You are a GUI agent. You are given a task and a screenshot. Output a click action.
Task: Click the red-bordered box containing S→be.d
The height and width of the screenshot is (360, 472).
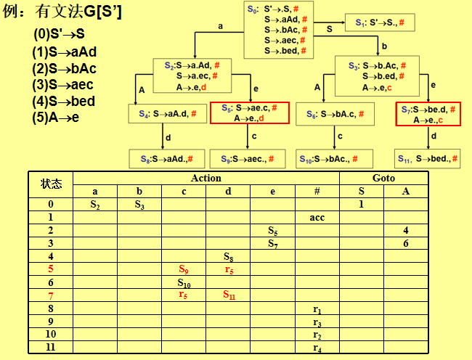coord(428,114)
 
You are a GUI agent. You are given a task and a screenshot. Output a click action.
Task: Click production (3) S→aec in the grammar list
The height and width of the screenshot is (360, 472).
coord(62,85)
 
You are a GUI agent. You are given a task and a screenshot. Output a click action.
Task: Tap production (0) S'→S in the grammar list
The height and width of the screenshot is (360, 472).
coord(59,35)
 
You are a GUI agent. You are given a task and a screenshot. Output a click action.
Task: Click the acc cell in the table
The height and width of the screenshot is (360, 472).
coord(317,217)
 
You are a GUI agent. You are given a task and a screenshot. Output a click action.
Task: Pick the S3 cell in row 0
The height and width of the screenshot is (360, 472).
coord(139,204)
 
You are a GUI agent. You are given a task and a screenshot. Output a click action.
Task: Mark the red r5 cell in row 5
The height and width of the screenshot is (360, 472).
coord(228,269)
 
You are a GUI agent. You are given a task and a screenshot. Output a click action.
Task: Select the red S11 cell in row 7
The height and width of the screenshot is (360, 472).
coord(228,295)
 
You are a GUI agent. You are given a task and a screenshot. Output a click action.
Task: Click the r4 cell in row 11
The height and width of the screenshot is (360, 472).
coord(317,348)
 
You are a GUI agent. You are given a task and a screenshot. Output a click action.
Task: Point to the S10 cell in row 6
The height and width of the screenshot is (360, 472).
coord(184,282)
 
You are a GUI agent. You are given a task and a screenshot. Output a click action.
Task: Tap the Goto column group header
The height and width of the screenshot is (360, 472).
coord(383,178)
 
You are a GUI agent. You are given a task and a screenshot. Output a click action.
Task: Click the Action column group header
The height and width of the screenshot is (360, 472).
coord(206,178)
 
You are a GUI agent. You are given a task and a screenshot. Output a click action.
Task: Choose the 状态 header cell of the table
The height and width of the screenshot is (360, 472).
coord(51,184)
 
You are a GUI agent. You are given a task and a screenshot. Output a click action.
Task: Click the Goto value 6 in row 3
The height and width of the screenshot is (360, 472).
coord(407,243)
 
